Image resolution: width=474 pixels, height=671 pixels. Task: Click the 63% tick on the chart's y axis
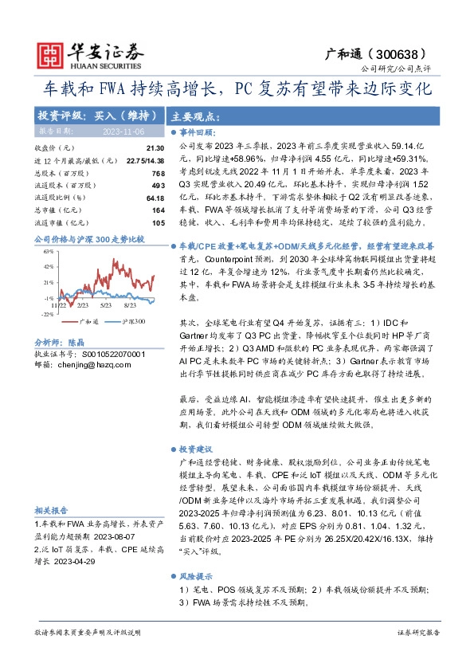pyautogui.click(x=49, y=252)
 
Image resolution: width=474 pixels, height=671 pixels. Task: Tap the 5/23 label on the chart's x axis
pyautogui.click(x=105, y=304)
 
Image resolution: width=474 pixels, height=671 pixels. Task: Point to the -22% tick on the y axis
pyautogui.click(x=48, y=314)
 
